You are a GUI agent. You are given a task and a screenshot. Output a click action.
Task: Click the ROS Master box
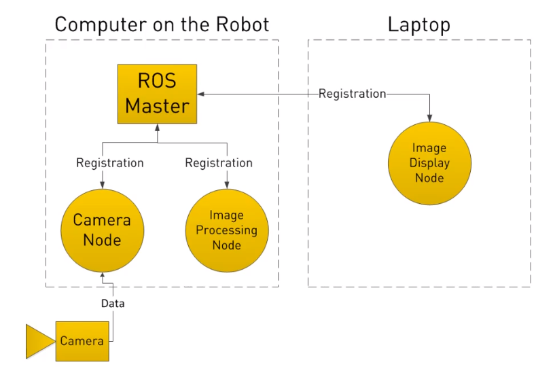[157, 93]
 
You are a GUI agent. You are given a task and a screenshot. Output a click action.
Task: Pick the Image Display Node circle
[429, 163]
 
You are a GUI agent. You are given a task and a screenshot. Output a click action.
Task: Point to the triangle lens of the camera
[38, 340]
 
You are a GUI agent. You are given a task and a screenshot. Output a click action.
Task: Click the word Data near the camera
[113, 304]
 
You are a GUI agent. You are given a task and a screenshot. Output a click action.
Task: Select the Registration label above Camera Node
[109, 163]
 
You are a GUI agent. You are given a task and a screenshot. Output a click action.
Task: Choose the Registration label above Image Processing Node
[218, 163]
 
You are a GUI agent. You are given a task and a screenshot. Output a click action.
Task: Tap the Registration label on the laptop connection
[352, 94]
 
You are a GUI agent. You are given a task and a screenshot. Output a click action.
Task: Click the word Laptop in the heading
[418, 25]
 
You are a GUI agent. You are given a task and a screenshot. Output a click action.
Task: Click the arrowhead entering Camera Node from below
[102, 276]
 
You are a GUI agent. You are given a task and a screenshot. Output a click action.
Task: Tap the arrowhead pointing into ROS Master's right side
[201, 94]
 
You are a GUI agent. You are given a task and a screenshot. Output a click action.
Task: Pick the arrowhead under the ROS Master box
[157, 127]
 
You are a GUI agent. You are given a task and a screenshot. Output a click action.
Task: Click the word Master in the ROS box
[157, 106]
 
